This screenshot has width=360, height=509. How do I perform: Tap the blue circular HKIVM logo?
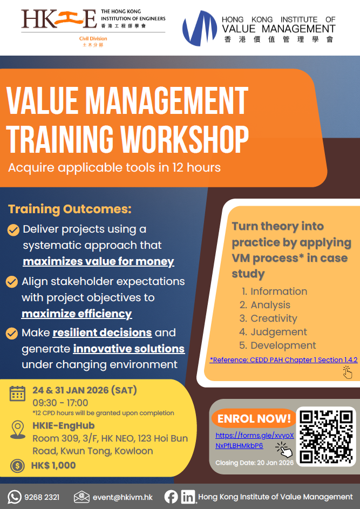(x=200, y=28)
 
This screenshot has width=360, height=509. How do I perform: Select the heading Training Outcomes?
(x=70, y=209)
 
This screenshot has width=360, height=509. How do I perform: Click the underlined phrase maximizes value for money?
(x=98, y=261)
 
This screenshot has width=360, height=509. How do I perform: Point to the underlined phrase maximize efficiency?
(x=77, y=314)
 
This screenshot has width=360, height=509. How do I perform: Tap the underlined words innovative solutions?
(x=129, y=349)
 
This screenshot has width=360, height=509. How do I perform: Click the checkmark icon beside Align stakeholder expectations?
(x=12, y=281)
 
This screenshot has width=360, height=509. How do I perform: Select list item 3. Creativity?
(x=268, y=318)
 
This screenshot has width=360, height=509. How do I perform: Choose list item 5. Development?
(x=277, y=345)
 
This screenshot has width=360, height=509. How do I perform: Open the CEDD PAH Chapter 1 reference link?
(x=283, y=359)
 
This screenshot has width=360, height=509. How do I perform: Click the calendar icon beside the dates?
(x=17, y=393)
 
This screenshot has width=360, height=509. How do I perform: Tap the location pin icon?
(x=17, y=430)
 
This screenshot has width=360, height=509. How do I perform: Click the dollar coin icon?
(x=17, y=466)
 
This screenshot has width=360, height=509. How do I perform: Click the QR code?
(x=326, y=437)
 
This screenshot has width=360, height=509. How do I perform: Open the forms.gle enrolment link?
(x=255, y=440)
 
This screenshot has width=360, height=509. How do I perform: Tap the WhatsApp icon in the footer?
(x=14, y=497)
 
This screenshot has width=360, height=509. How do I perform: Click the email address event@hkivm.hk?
(x=123, y=497)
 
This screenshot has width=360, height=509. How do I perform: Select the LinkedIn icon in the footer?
(x=188, y=497)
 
